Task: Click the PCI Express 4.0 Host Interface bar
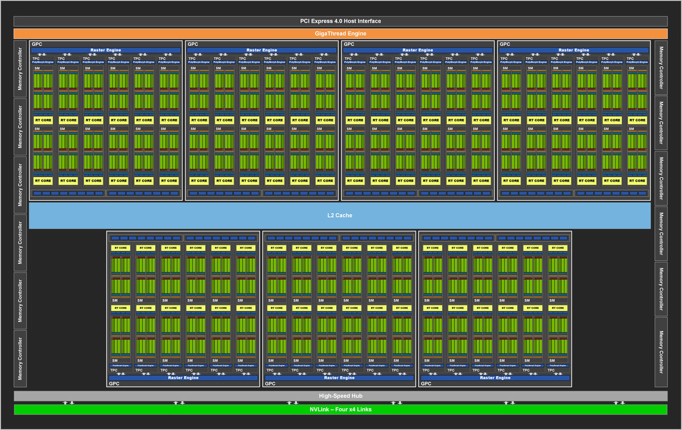coord(340,21)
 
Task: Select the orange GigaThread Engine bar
coord(340,34)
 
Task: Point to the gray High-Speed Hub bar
coord(340,396)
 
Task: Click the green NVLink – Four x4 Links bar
coord(340,410)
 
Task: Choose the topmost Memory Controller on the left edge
coord(20,68)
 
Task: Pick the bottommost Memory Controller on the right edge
coord(661,352)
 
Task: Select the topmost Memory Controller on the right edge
coord(661,68)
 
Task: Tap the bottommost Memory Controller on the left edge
coord(20,358)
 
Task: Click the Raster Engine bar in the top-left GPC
coord(106,50)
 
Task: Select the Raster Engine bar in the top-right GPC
coord(574,50)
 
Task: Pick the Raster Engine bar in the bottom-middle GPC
coord(339,378)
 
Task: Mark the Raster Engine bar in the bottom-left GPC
coord(183,378)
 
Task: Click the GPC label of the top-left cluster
coord(36,44)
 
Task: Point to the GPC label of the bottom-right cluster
coord(426,384)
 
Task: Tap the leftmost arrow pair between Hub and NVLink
coord(68,403)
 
